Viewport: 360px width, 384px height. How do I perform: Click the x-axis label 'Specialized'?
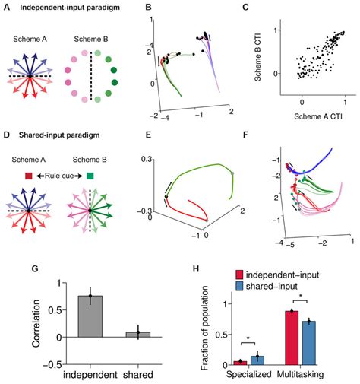point(248,377)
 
